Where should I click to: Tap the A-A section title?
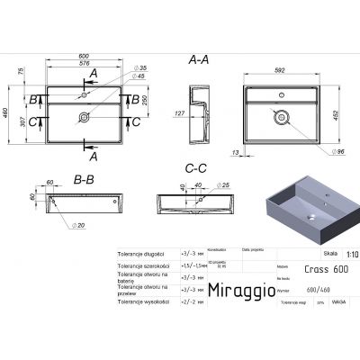(199, 60)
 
